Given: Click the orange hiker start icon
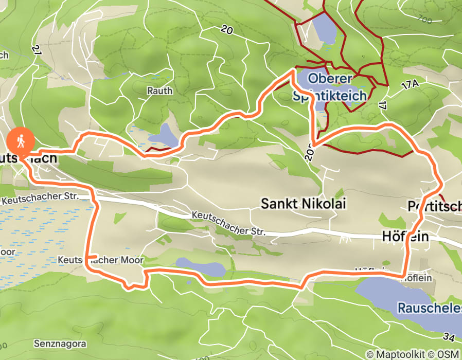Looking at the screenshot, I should coord(20,139).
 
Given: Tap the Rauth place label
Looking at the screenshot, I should coord(159,91).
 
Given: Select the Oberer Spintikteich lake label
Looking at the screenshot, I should coord(329,87).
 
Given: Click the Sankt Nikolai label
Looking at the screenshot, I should coord(303,204).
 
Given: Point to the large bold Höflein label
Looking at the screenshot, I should coord(405,236).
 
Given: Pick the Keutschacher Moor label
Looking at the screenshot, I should coord(101,260).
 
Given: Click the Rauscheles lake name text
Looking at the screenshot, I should coord(429,309).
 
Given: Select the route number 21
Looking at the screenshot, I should coord(35,49).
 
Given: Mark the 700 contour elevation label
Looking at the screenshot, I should coord(425,19).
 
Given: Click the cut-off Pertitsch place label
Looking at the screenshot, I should coord(434,206).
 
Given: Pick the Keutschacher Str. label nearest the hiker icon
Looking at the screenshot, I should coord(40,197).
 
